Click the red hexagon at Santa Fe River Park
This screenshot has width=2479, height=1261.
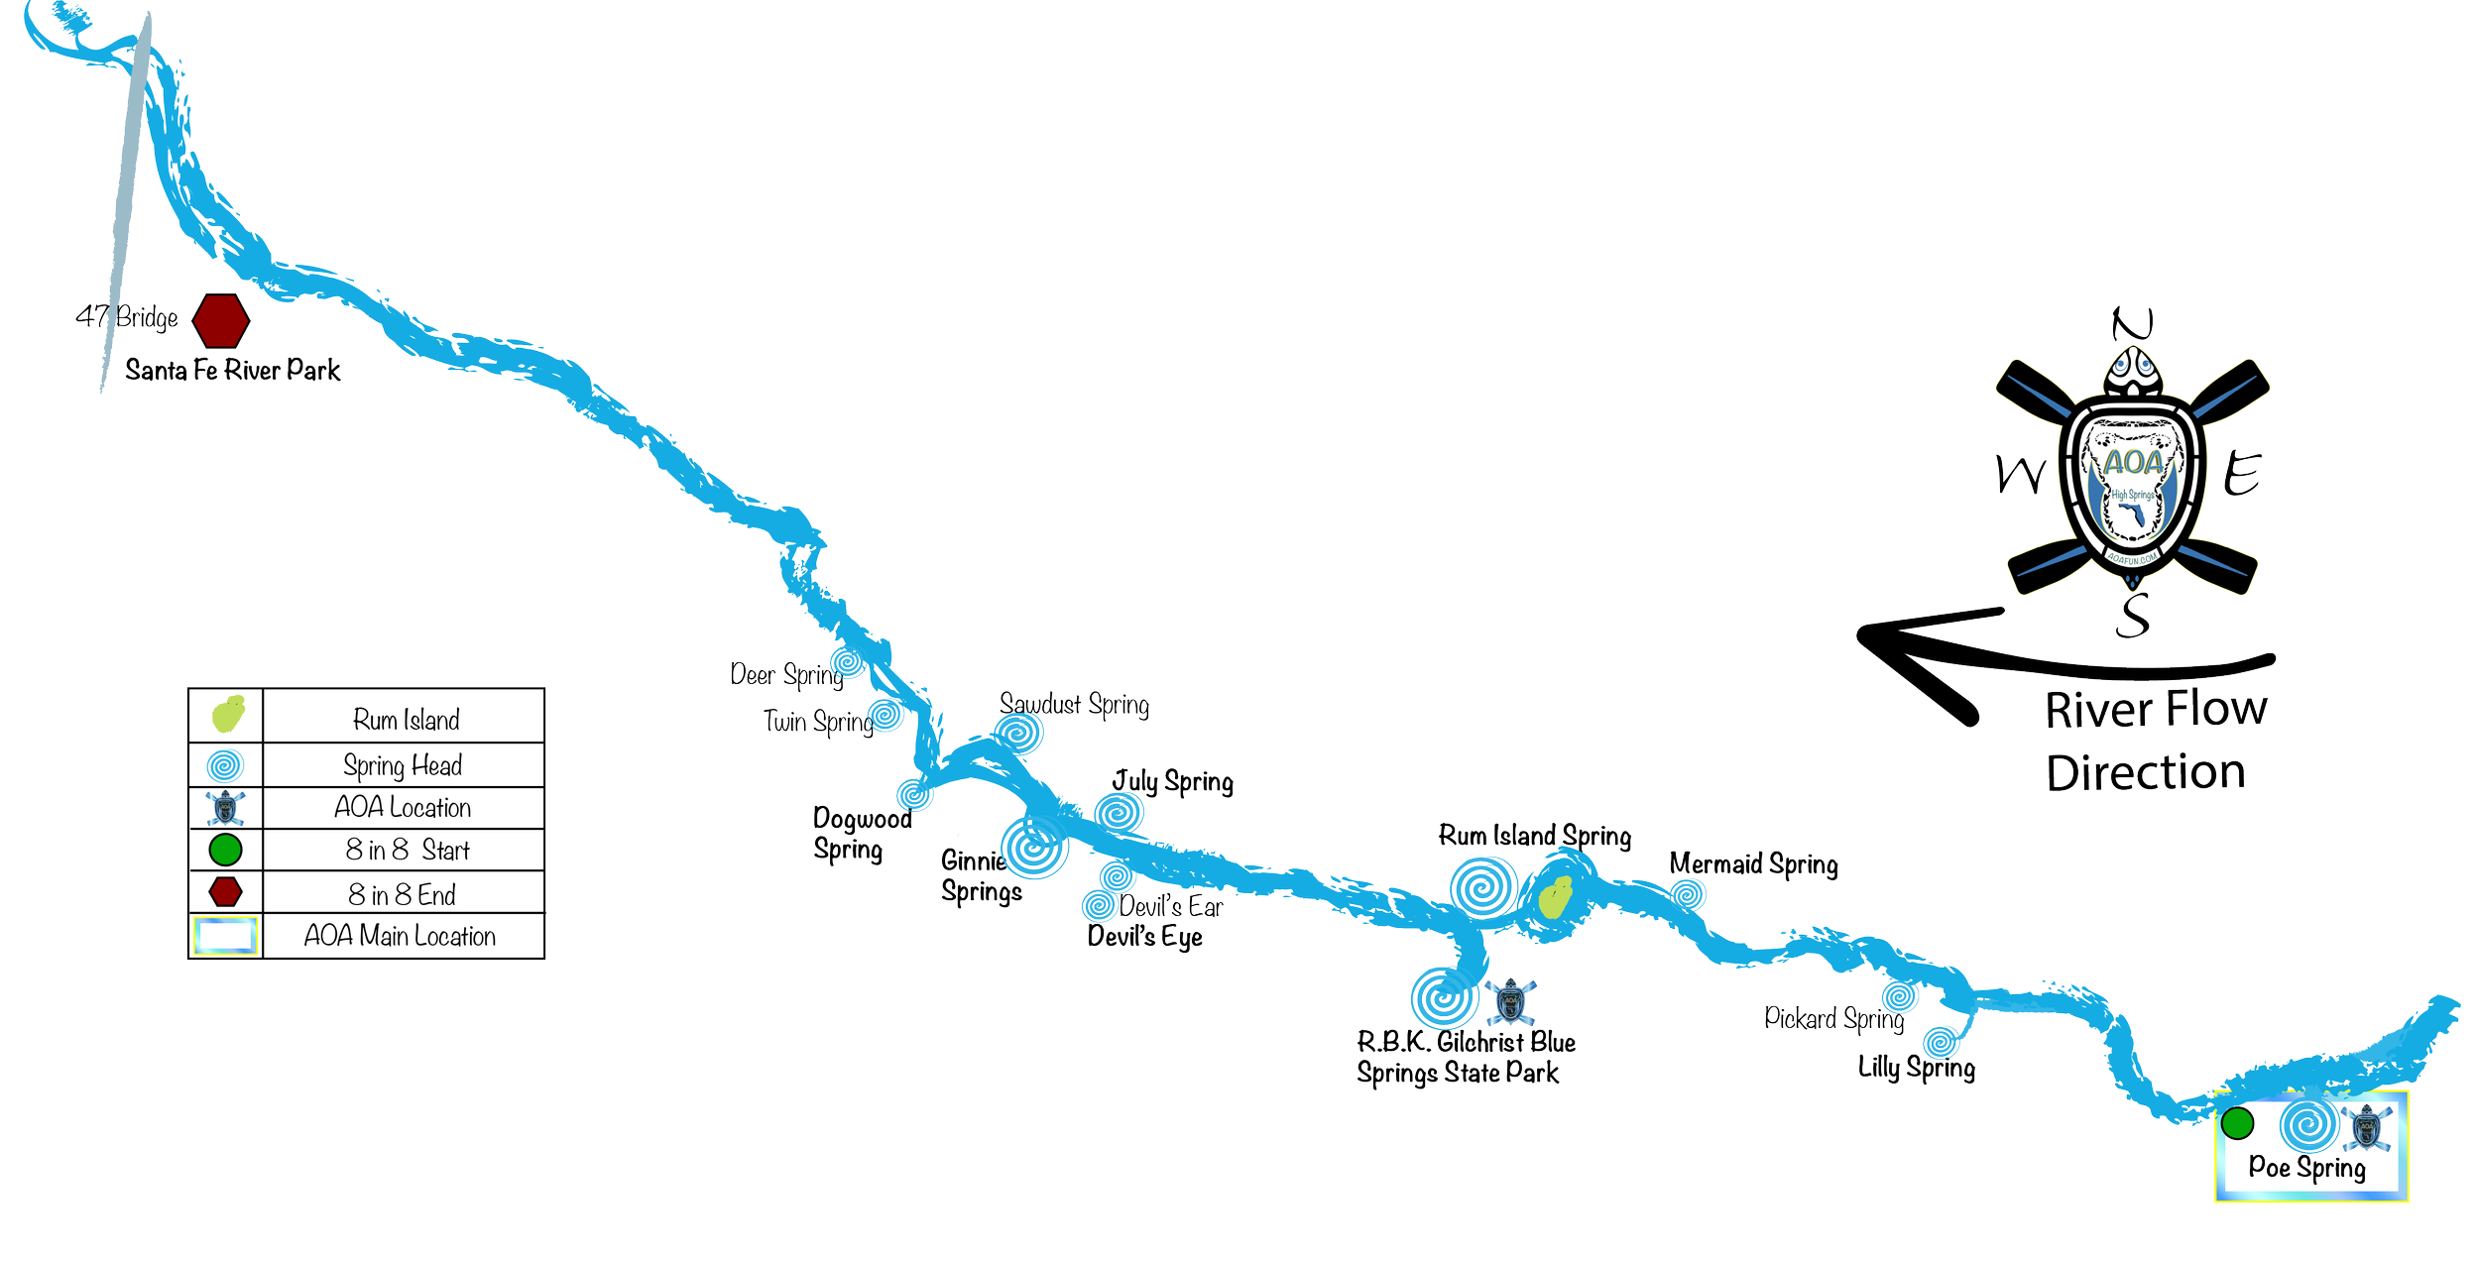(221, 319)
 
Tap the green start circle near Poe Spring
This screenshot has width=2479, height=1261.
(2238, 1123)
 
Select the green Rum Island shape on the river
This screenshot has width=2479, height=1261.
(1554, 896)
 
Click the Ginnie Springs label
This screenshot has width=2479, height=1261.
(980, 875)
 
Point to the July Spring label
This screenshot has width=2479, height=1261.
(1173, 782)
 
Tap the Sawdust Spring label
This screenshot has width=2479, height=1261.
(1074, 704)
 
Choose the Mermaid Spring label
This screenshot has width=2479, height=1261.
(1753, 864)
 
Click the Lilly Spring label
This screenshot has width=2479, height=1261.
(1916, 1068)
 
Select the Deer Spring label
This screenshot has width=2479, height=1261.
(784, 675)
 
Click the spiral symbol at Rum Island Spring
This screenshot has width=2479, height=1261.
(1482, 885)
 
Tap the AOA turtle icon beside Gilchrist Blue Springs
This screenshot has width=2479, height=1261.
(1510, 1002)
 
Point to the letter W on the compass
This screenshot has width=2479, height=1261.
(2020, 476)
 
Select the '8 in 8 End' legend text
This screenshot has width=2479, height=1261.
(402, 894)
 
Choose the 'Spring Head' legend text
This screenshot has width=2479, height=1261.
(402, 765)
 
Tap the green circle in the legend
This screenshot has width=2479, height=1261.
(226, 850)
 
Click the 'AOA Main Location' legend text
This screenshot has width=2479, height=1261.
(400, 936)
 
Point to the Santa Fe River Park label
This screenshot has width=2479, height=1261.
(233, 370)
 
